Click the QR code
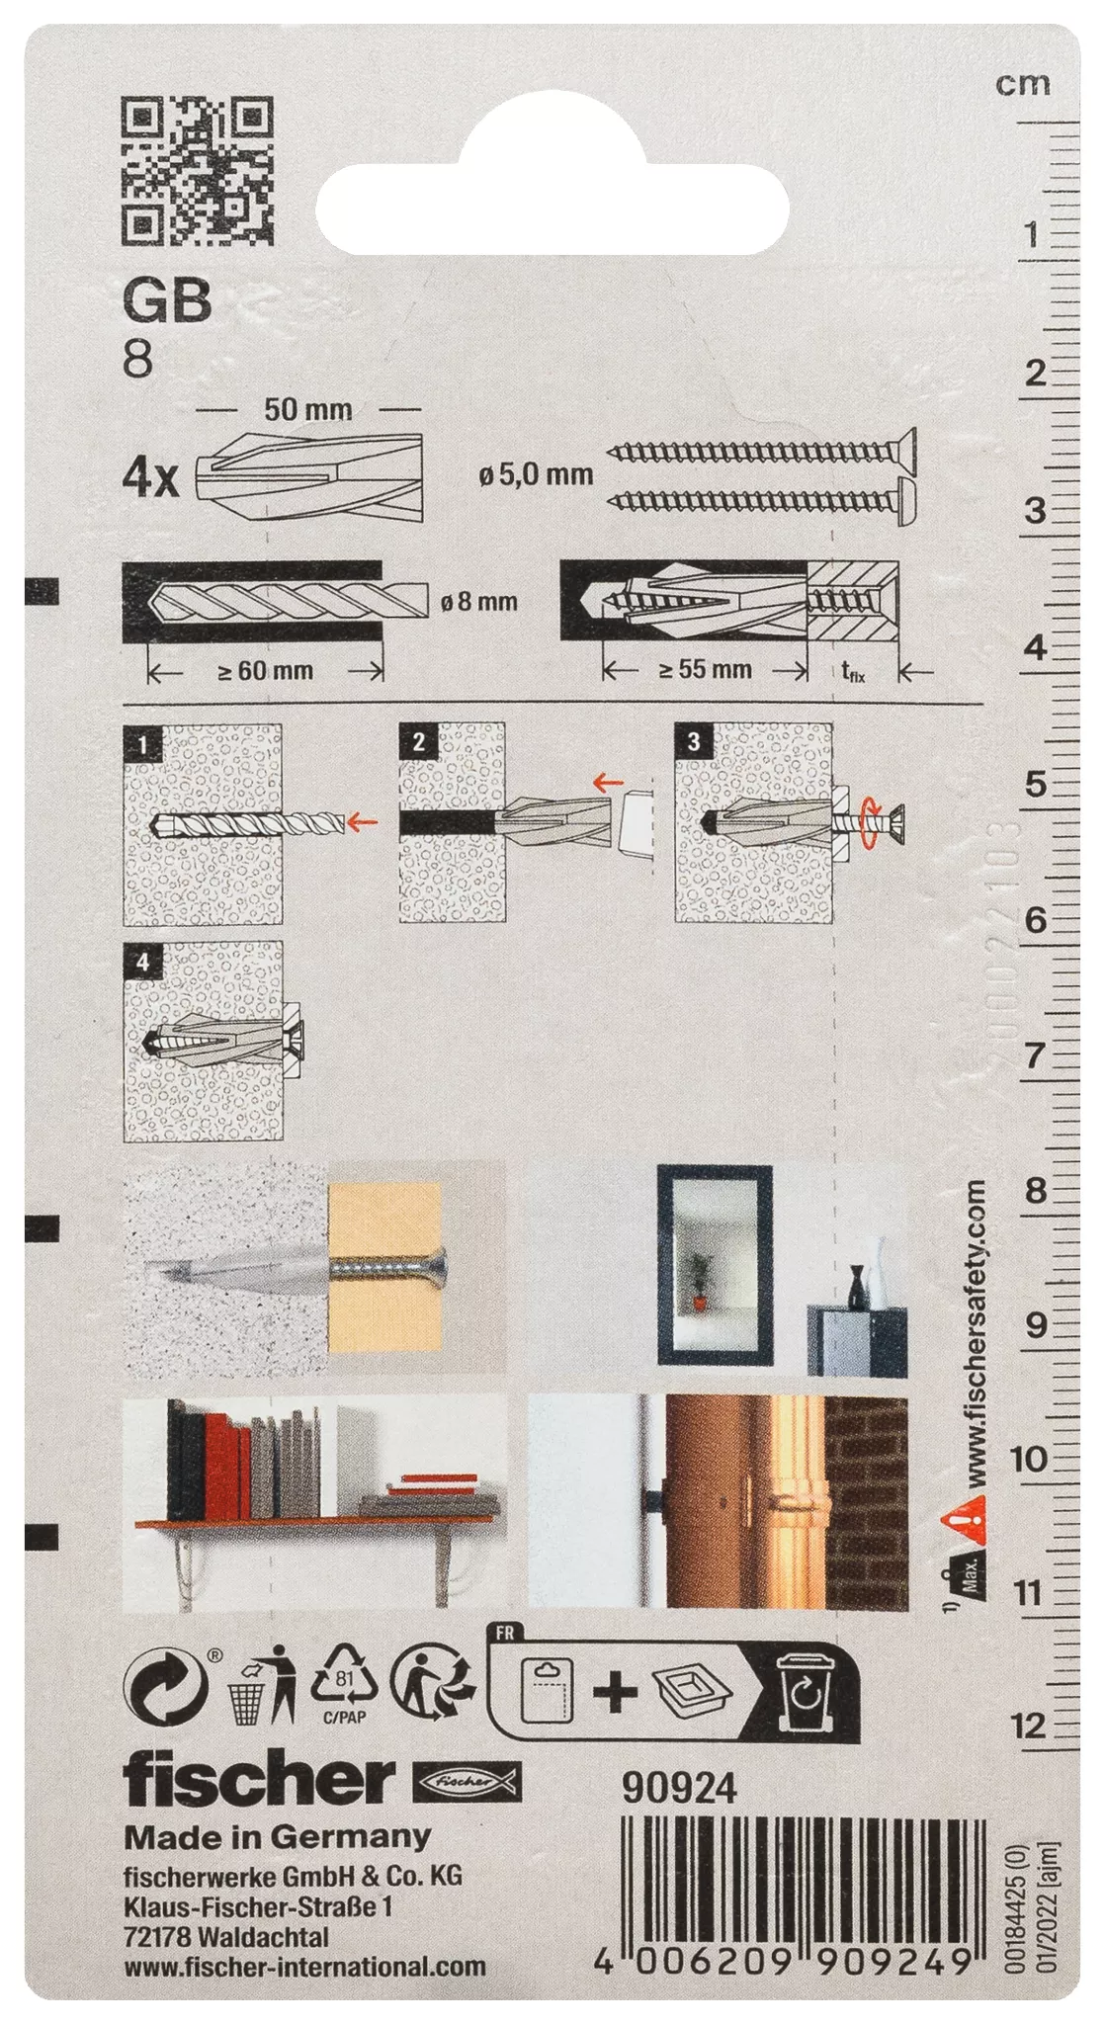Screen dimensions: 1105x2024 (x=197, y=170)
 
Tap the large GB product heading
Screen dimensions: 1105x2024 (x=167, y=300)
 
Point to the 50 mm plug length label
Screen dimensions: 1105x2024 (x=307, y=409)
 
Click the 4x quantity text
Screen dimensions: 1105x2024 (x=150, y=478)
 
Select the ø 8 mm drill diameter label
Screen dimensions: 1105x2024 (x=479, y=601)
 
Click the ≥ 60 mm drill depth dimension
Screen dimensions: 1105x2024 (x=265, y=671)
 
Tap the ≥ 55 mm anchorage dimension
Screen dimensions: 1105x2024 (x=706, y=670)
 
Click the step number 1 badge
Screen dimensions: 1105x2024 (x=143, y=743)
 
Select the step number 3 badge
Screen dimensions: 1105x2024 (x=694, y=741)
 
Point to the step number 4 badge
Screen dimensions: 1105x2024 (x=143, y=961)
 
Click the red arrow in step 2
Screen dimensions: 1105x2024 (x=608, y=784)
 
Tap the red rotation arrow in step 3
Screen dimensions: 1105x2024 (x=869, y=822)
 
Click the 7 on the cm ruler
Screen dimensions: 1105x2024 (x=1034, y=1055)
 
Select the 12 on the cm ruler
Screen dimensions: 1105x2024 (x=1028, y=1726)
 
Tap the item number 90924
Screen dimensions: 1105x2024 (x=679, y=1788)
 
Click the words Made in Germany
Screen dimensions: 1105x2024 (x=278, y=1837)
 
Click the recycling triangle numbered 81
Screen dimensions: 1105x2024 (x=344, y=1677)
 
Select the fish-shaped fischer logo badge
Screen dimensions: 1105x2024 (x=466, y=1781)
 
